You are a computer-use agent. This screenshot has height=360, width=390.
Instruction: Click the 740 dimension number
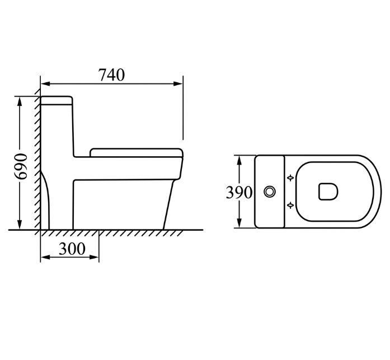coord(112,75)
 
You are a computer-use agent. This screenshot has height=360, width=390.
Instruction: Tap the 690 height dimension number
coord(20,166)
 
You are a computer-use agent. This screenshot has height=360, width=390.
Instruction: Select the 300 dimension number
coord(72,249)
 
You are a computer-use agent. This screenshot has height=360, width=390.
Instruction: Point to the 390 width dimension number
coord(239,192)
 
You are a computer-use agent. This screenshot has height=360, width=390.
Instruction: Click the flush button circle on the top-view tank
coord(269,192)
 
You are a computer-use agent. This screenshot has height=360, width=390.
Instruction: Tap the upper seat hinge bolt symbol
coord(290,178)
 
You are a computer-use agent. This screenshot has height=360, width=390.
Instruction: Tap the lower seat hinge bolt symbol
coord(290,205)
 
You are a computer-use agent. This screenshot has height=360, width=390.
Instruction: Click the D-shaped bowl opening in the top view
coord(328,191)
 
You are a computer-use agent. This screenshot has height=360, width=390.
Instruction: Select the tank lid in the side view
coord(57,101)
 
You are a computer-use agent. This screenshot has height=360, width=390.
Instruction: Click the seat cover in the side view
coord(137,153)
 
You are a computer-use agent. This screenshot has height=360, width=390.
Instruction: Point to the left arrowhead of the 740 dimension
coord(45,84)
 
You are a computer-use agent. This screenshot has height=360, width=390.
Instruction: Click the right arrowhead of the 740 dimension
coord(178,84)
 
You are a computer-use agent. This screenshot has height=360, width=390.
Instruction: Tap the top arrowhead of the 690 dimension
coord(20,101)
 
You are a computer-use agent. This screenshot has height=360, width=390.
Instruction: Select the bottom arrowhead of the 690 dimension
coord(20,224)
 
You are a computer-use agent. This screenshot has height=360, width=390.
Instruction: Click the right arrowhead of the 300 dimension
coord(94,257)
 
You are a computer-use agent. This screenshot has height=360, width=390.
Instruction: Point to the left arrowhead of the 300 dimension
coord(45,257)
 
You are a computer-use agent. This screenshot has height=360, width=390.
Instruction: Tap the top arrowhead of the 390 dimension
coord(239,160)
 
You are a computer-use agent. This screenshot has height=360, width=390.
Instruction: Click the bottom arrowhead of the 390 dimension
coord(239,223)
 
